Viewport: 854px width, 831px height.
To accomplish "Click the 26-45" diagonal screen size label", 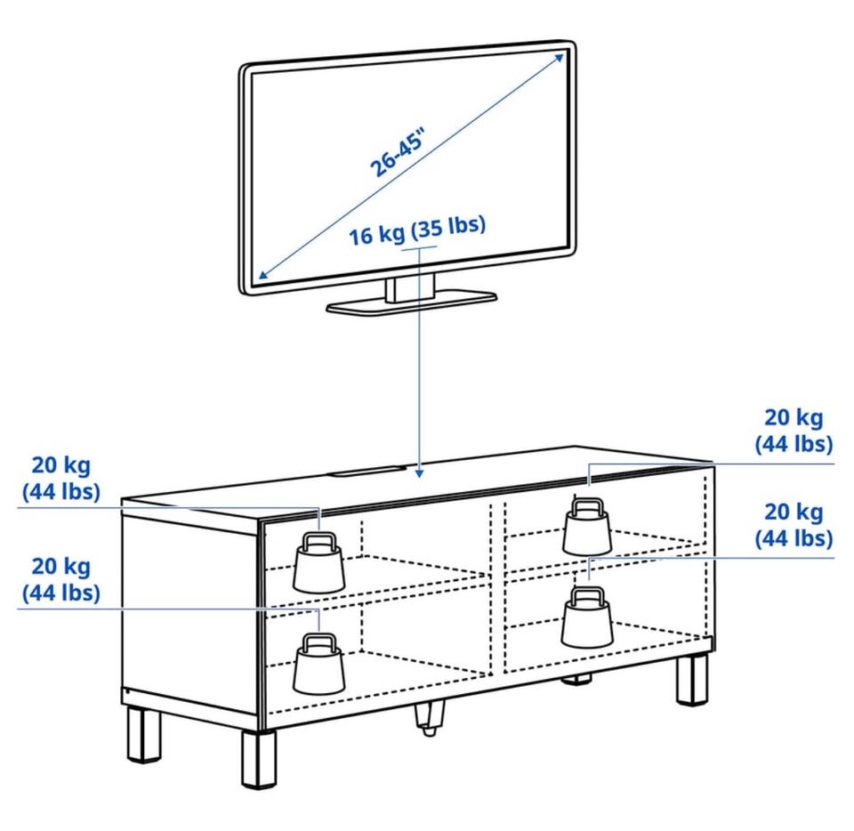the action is (397, 154).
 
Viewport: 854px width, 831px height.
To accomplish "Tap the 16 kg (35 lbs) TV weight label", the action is (417, 230).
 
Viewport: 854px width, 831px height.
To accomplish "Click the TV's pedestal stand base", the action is (411, 303).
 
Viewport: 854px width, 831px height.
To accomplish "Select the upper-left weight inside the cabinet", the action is (319, 563).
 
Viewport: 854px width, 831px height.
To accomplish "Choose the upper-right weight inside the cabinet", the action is (587, 526).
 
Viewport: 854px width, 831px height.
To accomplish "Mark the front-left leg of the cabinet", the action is (259, 759).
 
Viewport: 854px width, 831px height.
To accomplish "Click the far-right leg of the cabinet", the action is (693, 680).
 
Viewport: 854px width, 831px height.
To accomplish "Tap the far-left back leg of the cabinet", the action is (145, 734).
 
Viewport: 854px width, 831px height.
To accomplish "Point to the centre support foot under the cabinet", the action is (429, 718).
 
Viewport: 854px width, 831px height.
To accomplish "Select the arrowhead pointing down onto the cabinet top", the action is (418, 472).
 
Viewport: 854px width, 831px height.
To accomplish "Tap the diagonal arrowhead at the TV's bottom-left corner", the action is (263, 274).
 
